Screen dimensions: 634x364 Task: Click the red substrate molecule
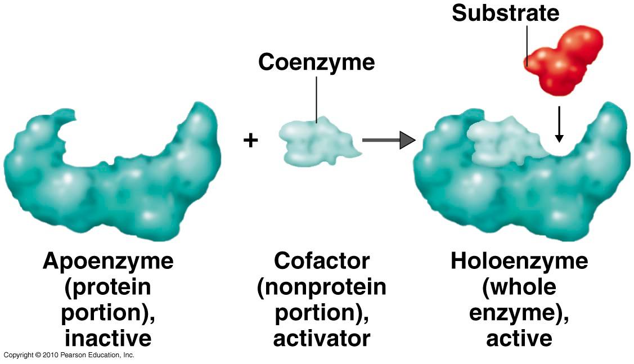(x=564, y=61)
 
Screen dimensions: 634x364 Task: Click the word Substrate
(x=505, y=13)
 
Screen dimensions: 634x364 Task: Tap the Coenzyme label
(x=317, y=62)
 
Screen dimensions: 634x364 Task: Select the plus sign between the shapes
(x=251, y=140)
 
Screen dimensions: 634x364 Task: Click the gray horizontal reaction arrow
(x=389, y=140)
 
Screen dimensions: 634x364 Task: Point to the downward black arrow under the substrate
(x=559, y=124)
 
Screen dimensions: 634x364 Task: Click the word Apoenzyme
(x=109, y=262)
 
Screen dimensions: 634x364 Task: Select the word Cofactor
(x=322, y=261)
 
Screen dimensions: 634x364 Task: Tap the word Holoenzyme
(x=519, y=262)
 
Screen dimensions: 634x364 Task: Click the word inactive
(x=109, y=338)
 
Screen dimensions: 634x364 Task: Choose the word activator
(x=322, y=338)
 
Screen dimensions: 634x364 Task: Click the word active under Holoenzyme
(x=519, y=338)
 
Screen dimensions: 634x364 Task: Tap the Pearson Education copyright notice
(x=69, y=355)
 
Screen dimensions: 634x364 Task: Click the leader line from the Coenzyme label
(x=317, y=99)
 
